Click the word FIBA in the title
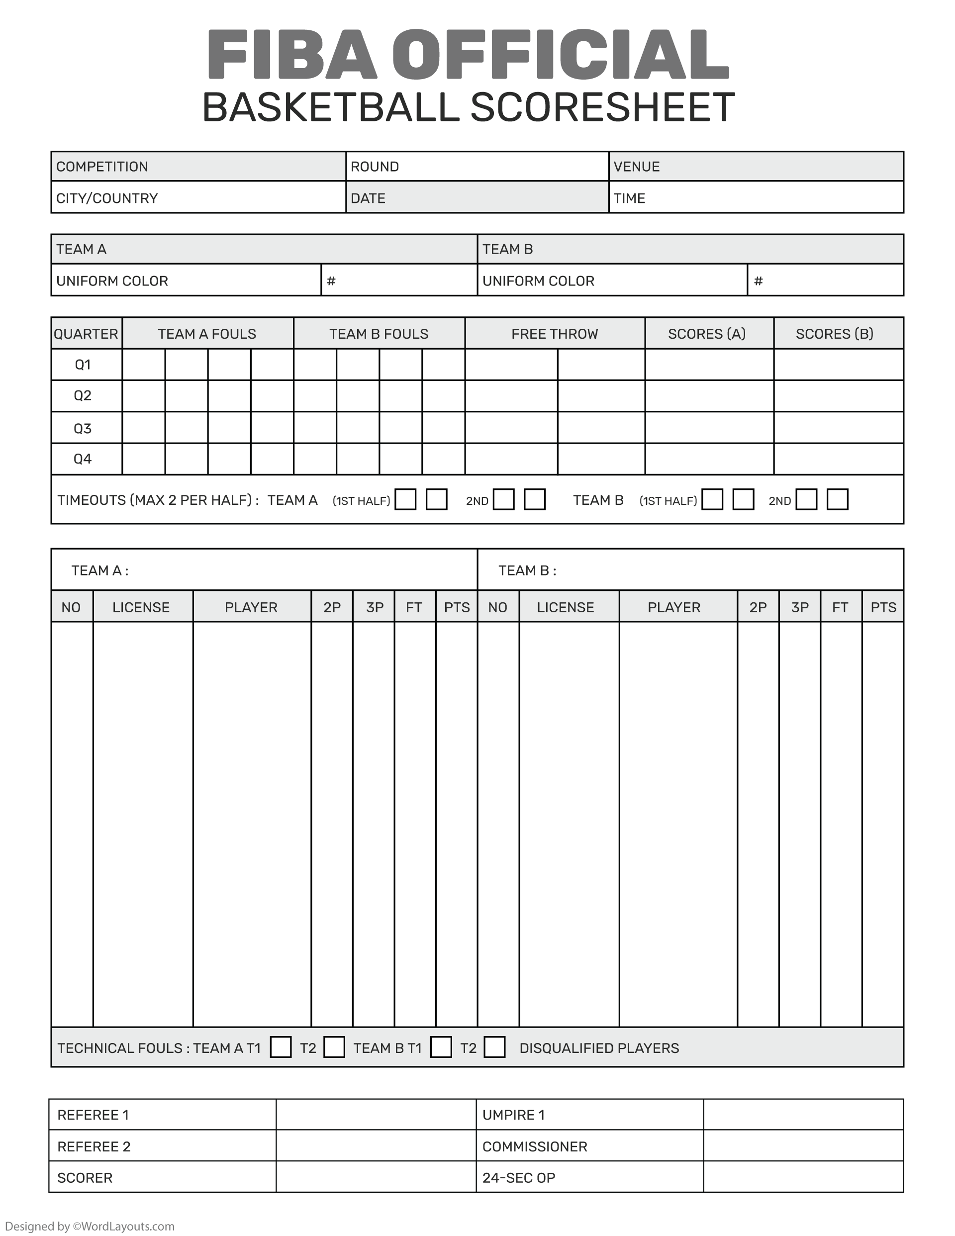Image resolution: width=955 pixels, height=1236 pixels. pos(291,54)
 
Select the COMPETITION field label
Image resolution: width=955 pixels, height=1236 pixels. pos(102,167)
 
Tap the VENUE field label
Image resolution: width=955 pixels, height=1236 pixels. pos(636,167)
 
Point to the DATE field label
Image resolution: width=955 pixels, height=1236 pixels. pos(368,198)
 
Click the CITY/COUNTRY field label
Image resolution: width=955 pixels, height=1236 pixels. pos(106,198)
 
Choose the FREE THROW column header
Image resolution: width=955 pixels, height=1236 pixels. pos(554,334)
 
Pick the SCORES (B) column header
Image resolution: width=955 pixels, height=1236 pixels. pos(835,334)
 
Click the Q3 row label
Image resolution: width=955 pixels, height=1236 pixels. pos(83,428)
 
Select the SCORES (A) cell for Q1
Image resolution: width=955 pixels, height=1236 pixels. pos(709,365)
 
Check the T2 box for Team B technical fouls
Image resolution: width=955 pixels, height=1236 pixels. pos(494,1047)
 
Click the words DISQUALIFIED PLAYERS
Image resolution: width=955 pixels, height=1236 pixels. pos(599,1048)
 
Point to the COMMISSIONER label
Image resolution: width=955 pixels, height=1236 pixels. pos(534,1146)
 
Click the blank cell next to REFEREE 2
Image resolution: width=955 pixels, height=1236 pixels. pos(376,1146)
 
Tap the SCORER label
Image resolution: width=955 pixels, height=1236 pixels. pos(85,1178)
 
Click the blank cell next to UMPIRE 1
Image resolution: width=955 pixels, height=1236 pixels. pos(803,1115)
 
